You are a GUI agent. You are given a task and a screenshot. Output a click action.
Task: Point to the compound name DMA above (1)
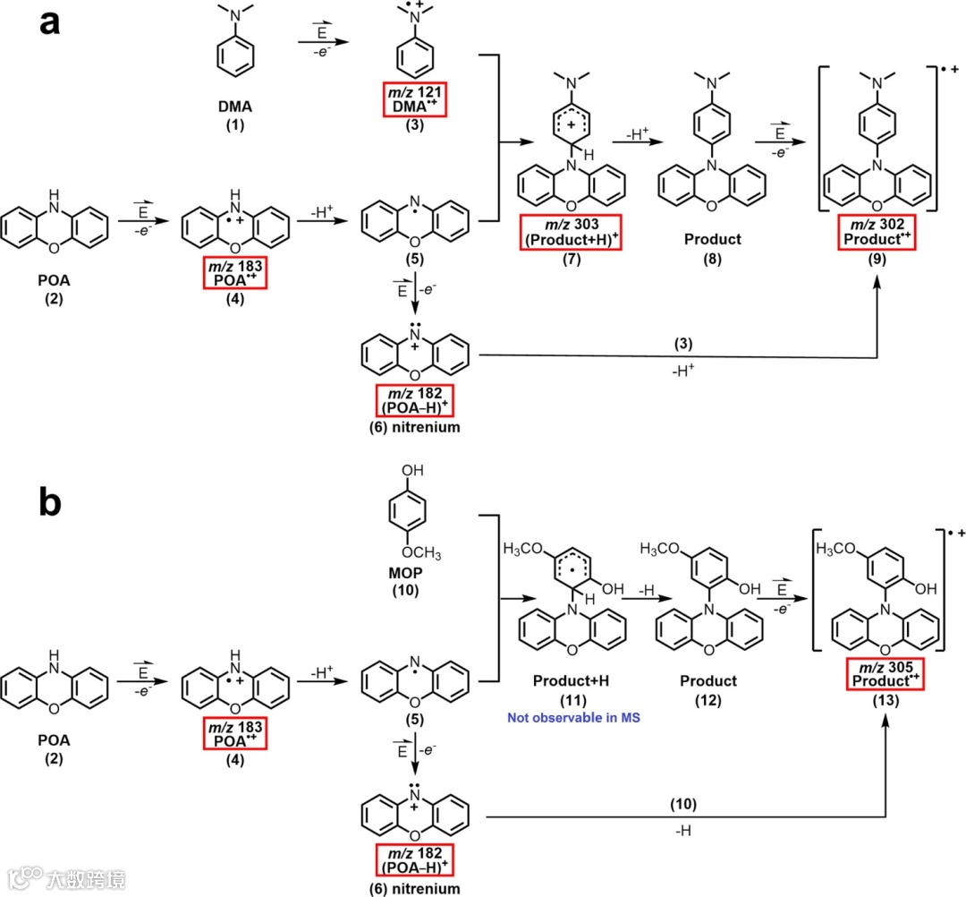(235, 107)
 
